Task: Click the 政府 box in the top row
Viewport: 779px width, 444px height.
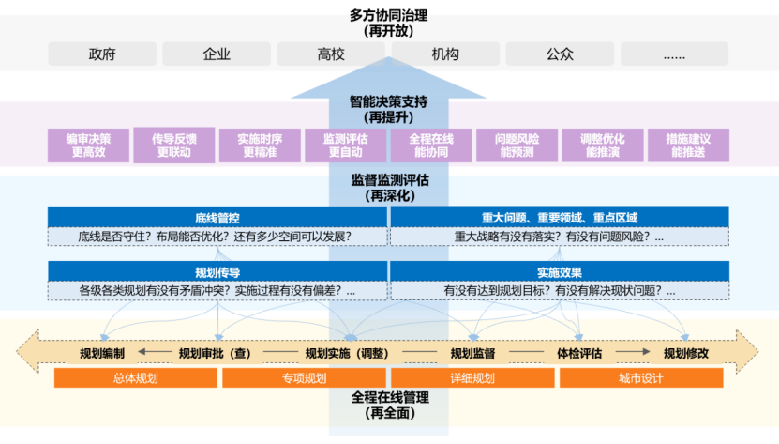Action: tap(102, 54)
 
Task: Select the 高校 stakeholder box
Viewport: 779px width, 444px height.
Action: tap(331, 54)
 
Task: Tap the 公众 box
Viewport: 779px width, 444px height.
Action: tap(560, 54)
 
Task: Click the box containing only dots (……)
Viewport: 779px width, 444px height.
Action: tap(673, 54)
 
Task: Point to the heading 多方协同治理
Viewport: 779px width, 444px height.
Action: tap(388, 14)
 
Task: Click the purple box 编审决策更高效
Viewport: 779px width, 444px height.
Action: tap(88, 145)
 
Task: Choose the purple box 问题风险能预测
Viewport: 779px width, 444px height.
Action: tap(517, 145)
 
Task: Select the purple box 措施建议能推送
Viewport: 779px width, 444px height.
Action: tap(688, 145)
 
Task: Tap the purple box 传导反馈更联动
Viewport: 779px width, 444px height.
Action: tap(173, 145)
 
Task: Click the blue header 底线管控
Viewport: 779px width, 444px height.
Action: tap(217, 218)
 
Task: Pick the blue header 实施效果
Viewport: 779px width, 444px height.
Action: tap(560, 271)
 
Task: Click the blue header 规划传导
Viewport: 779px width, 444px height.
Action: tap(217, 271)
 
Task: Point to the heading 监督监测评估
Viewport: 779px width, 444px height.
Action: tap(388, 180)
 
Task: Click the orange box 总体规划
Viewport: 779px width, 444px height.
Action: tap(136, 378)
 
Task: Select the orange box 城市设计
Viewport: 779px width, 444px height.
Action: tap(641, 378)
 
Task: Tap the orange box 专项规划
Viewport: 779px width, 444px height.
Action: tap(304, 378)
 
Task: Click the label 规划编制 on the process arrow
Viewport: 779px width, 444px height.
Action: tap(102, 353)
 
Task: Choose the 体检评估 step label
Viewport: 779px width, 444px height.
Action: tap(579, 353)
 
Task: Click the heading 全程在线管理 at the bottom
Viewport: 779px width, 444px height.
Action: tap(388, 397)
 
